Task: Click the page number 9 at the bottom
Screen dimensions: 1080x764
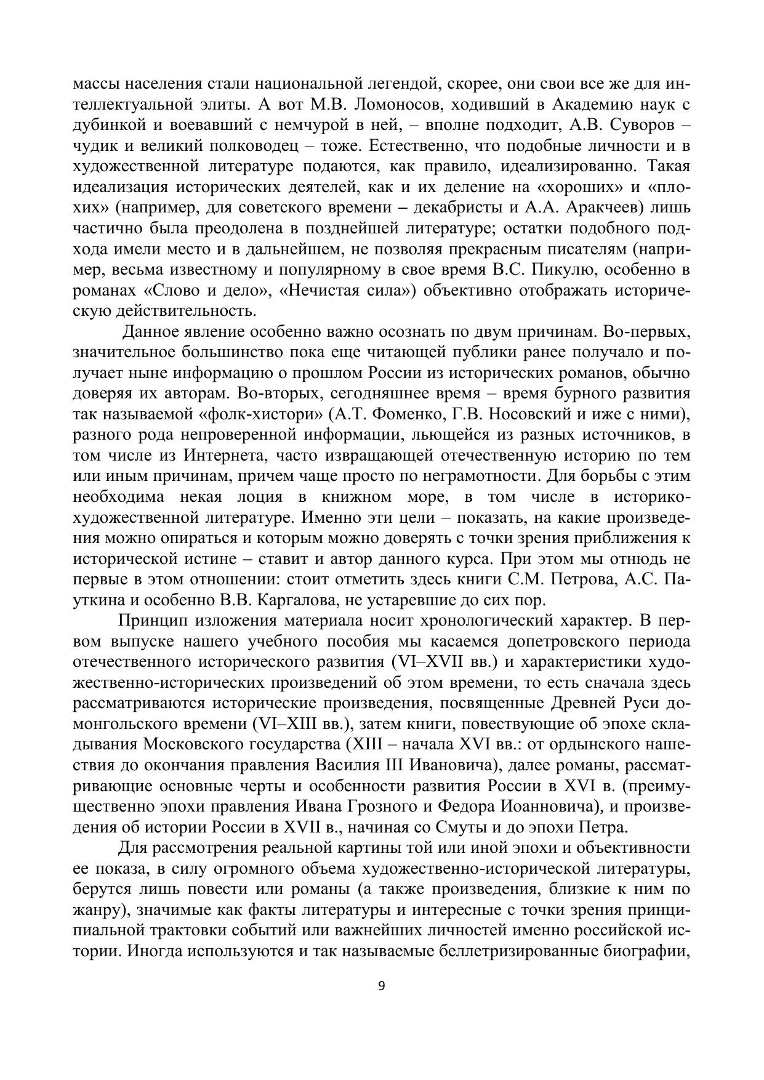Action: (x=381, y=986)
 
